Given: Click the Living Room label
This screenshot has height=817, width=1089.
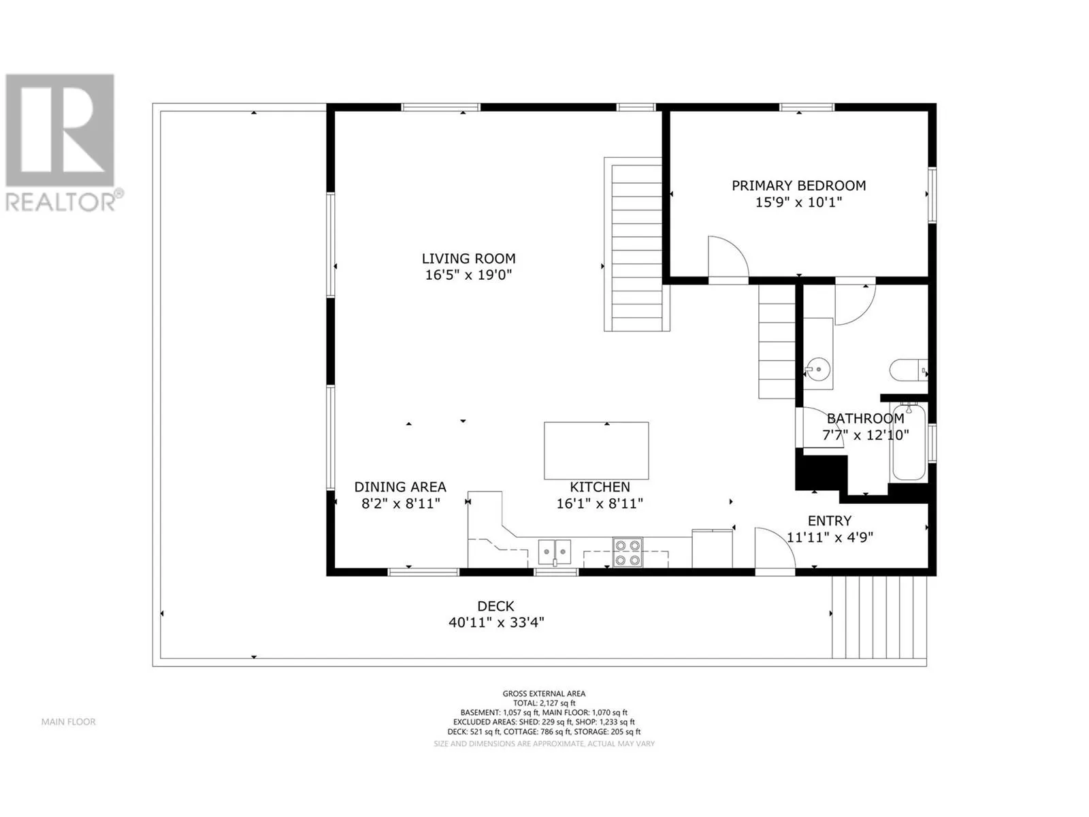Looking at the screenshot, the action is point(468,259).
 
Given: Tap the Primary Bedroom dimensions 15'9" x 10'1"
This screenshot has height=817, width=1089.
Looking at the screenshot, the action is point(798,202).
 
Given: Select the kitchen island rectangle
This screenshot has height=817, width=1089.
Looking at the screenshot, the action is point(596,451).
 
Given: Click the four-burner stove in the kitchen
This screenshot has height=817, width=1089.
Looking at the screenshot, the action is point(627,552).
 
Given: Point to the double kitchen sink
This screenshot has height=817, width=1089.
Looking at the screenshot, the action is point(555,552).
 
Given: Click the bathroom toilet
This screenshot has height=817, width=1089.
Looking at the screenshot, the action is point(909,370).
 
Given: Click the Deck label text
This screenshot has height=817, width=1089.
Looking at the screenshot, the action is point(495,606).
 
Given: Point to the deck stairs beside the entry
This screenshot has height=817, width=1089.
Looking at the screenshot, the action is point(879,617).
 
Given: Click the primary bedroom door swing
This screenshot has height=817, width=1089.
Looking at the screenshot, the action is point(728,258).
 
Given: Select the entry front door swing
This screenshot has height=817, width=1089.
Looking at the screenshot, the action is point(775,549).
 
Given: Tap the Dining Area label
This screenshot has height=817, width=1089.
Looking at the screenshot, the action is point(400,487).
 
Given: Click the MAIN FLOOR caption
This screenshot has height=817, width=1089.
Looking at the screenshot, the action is point(69,722).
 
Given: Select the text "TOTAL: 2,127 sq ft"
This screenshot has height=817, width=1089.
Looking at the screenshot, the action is point(544,703).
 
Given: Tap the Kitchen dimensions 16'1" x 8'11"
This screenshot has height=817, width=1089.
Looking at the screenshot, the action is point(600,504).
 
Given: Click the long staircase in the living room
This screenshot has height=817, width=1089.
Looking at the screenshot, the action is point(636,244).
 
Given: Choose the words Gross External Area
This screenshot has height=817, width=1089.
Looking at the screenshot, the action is point(544,694).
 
